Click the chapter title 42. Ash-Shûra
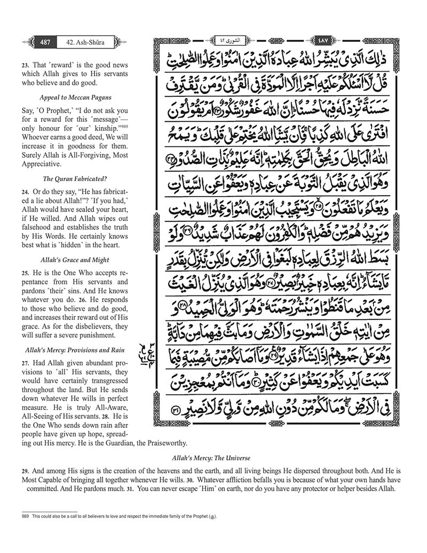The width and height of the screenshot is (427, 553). (81, 41)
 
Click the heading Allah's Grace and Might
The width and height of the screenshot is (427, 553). (75, 260)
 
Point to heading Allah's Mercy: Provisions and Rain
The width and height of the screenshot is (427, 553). (74, 350)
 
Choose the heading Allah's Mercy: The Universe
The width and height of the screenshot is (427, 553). (212, 458)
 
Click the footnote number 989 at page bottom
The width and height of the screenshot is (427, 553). (26, 518)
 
